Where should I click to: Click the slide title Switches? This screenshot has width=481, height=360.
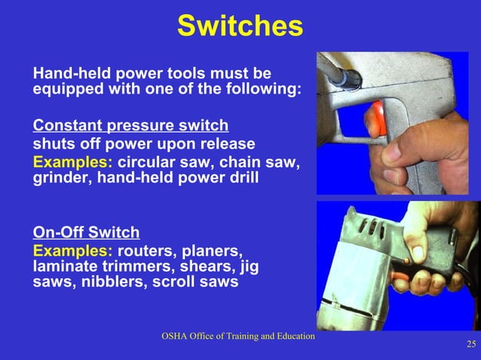[240, 26]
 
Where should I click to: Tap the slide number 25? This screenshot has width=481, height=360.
[471, 345]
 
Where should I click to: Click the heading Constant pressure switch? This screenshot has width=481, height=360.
[130, 125]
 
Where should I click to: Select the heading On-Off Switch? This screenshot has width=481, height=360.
[86, 232]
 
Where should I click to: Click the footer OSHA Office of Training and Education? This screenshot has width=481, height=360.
[237, 336]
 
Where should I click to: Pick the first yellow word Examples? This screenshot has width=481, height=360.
[72, 163]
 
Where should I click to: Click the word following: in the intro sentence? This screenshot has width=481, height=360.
[266, 89]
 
